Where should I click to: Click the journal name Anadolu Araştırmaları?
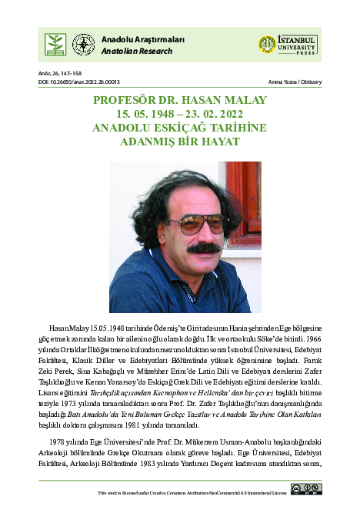tap(133, 39)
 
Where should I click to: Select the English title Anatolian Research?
tap(129, 51)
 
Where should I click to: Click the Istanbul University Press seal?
tap(267, 45)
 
